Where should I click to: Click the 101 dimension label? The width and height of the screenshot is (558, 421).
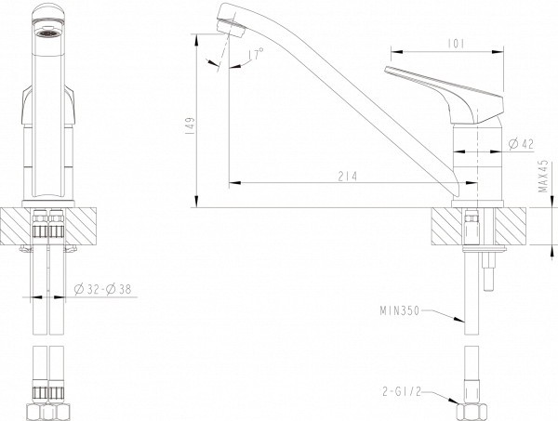click(x=456, y=44)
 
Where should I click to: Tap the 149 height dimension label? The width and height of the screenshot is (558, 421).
click(x=191, y=125)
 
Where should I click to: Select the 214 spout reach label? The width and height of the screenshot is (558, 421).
click(x=347, y=177)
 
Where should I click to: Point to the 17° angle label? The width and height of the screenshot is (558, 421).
click(x=256, y=54)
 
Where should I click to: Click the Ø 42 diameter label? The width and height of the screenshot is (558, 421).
click(x=522, y=144)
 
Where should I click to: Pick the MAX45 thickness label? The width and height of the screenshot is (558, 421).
click(x=543, y=176)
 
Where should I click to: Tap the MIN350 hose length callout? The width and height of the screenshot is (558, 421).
click(x=400, y=311)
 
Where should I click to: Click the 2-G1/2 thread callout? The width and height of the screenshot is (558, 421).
click(x=402, y=392)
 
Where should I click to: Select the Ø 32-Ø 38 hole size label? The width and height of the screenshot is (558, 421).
click(x=103, y=289)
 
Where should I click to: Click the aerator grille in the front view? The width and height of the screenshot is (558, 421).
click(x=47, y=33)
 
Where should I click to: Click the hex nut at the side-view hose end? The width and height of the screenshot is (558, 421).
click(x=472, y=412)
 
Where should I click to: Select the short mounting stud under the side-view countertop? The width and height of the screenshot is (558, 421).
click(x=489, y=271)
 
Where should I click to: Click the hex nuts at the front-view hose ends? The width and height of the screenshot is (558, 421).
click(x=48, y=412)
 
